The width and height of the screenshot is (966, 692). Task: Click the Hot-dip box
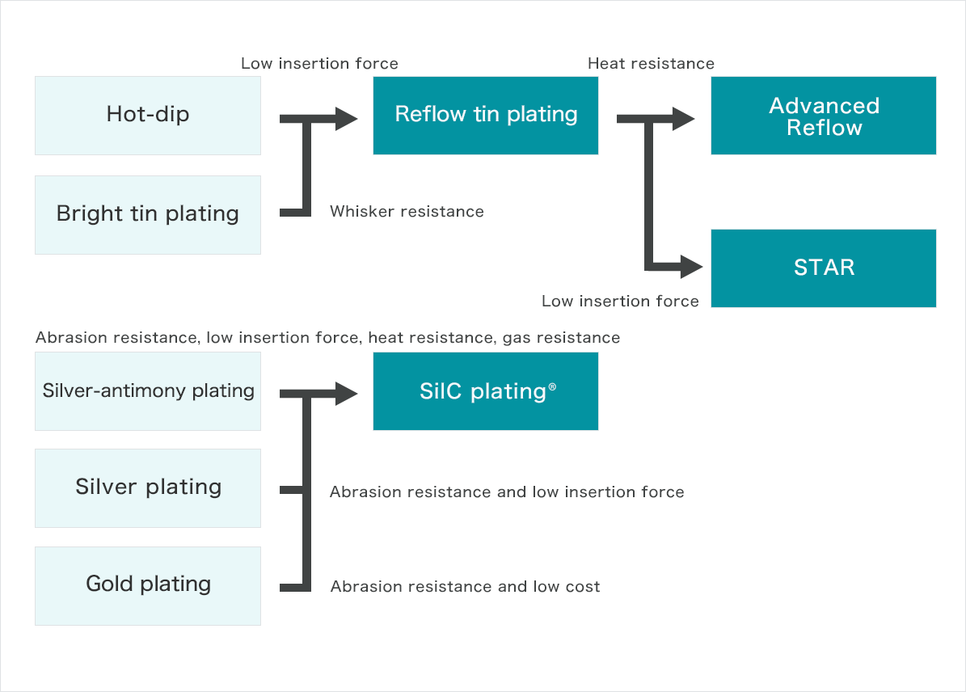click(148, 116)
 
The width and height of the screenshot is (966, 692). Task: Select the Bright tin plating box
click(148, 214)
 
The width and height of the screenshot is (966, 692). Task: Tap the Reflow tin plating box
click(486, 116)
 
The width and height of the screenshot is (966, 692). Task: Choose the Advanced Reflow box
click(824, 116)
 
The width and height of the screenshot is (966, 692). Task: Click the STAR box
click(824, 268)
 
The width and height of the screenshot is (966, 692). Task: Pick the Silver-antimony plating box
click(148, 391)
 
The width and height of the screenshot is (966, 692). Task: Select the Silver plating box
click(148, 488)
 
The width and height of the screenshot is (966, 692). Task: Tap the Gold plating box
click(148, 586)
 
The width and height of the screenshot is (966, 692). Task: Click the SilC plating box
click(486, 391)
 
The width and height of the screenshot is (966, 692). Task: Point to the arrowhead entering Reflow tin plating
click(346, 119)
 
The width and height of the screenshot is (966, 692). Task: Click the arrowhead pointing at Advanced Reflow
click(684, 119)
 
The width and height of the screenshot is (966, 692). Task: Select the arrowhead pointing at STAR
click(692, 267)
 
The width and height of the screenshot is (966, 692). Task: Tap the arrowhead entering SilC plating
click(346, 394)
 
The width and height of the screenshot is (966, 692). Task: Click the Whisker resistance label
click(407, 211)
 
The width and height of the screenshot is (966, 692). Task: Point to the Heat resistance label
click(652, 64)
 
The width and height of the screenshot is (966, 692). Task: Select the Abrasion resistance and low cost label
click(465, 586)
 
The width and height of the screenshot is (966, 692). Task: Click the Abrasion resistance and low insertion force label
click(507, 492)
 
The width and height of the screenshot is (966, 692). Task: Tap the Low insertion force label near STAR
click(620, 301)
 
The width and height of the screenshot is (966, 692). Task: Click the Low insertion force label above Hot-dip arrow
click(320, 64)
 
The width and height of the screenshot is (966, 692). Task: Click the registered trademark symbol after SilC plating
click(553, 386)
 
